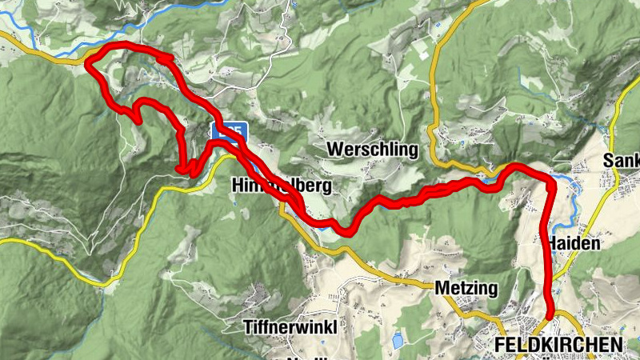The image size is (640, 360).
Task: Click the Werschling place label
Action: pyautogui.click(x=373, y=150)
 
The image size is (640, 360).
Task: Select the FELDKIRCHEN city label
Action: pyautogui.click(x=558, y=343)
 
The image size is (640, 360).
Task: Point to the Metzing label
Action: pyautogui.click(x=466, y=287)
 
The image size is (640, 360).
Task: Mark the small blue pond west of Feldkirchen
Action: pyautogui.click(x=398, y=342)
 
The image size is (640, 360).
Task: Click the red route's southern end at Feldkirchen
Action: pyautogui.click(x=551, y=318)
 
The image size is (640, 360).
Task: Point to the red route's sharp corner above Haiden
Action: pyautogui.click(x=550, y=182)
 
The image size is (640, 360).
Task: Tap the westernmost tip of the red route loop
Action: pyautogui.click(x=87, y=64)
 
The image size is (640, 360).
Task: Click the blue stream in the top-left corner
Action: pyautogui.click(x=32, y=38)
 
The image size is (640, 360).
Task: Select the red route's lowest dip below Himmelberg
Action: pyautogui.click(x=346, y=231)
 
